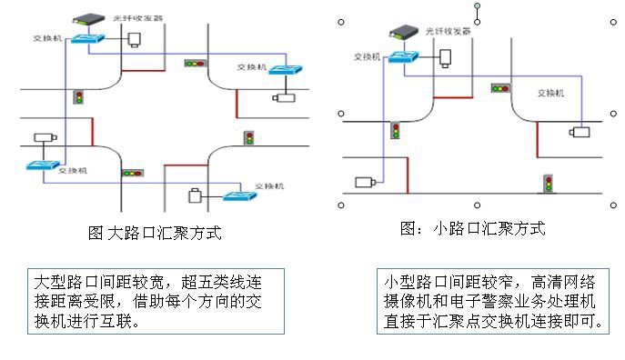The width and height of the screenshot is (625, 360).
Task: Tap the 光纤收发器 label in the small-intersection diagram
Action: (x=449, y=31)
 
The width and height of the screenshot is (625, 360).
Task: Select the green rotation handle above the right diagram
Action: (x=477, y=7)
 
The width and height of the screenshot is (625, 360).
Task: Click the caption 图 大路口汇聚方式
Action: (x=154, y=234)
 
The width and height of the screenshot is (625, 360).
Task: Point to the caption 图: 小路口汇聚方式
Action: (x=473, y=229)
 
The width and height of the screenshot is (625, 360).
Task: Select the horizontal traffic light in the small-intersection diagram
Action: (x=499, y=88)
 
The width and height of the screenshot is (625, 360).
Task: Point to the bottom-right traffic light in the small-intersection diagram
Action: (x=549, y=183)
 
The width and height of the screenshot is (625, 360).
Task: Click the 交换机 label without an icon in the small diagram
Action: (x=550, y=93)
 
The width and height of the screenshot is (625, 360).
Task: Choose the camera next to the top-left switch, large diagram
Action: (x=136, y=39)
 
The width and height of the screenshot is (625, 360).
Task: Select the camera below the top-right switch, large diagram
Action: (x=285, y=95)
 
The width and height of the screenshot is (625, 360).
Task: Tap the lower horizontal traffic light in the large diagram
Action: (x=133, y=172)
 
